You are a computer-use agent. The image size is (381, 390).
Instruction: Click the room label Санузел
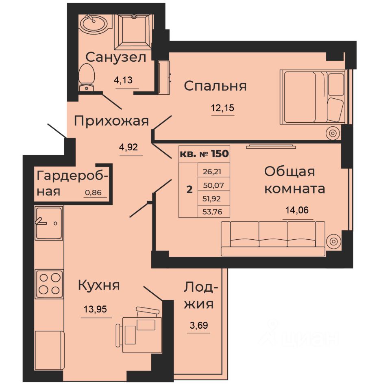click(x=116, y=57)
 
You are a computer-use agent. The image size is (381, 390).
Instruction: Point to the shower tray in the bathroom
click(x=133, y=31)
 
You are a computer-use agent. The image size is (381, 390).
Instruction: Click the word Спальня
click(x=215, y=86)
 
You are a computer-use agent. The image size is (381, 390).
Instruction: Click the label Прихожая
click(x=111, y=121)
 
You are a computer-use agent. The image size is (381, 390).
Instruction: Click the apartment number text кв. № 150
click(x=204, y=154)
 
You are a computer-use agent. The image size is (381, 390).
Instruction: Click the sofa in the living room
click(x=273, y=238)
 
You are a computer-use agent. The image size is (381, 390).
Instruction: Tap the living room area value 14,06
click(x=298, y=211)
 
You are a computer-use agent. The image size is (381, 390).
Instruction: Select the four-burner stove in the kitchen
click(x=49, y=284)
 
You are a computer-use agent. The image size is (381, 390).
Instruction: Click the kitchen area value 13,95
click(x=96, y=310)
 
